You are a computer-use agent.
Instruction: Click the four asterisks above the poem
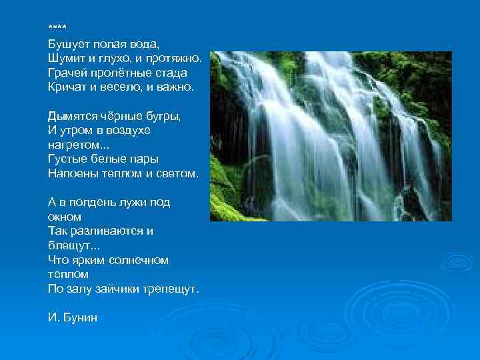(57, 28)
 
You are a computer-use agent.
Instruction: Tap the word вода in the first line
(145, 45)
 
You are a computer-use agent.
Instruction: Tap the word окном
(65, 217)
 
